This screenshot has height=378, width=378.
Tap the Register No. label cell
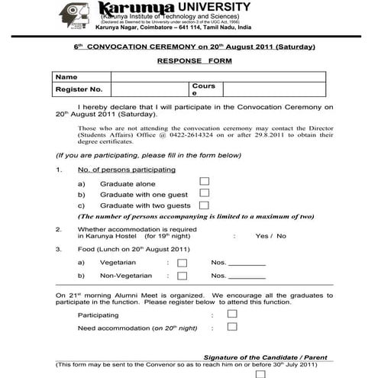click(x=80, y=89)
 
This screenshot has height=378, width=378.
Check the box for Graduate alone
click(x=204, y=182)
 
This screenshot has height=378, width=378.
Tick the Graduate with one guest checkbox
click(x=204, y=193)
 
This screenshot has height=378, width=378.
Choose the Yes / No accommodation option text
click(x=271, y=236)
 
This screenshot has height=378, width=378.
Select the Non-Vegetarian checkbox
click(x=182, y=276)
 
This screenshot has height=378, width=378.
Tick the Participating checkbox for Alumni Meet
click(x=232, y=313)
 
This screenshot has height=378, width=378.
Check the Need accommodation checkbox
click(x=232, y=326)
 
